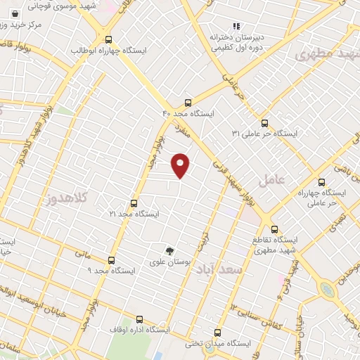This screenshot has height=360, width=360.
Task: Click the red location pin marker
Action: pos(181,165)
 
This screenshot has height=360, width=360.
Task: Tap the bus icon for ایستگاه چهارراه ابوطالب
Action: pos(108,40)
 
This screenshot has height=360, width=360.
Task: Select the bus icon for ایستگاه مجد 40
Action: pos(187,102)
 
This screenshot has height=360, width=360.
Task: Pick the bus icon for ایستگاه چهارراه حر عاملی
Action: pos(322,181)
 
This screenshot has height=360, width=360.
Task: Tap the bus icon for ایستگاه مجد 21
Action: pos(134,202)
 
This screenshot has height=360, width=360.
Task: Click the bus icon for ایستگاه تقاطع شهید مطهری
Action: pos(274,229)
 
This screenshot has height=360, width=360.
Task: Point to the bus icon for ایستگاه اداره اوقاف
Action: pos(138,318)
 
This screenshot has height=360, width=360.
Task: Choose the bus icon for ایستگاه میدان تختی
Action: pos(217,333)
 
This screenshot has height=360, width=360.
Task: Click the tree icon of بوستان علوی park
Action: pos(169,250)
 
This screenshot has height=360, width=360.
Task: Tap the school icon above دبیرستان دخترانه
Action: pos(236,26)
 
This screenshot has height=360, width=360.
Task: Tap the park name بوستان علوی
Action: pos(170,262)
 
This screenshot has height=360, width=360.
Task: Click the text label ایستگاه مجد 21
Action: pos(134,213)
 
